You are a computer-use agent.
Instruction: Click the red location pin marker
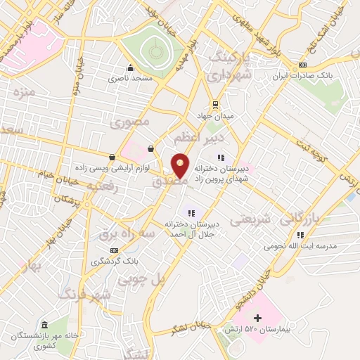click(180, 166)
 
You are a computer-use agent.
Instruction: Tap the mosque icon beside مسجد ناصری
click(130, 68)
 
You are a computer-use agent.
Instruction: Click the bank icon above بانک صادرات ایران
click(302, 64)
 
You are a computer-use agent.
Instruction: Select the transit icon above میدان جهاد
click(215, 104)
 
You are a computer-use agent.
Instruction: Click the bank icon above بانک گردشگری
click(114, 250)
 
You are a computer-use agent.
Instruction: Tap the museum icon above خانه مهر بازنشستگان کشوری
click(44, 325)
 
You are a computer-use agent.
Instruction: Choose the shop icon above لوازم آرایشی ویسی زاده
click(112, 157)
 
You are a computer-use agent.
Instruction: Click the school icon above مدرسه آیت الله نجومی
click(300, 235)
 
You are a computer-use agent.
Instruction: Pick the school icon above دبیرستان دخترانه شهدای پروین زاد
click(221, 157)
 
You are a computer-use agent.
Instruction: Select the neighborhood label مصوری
click(131, 122)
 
